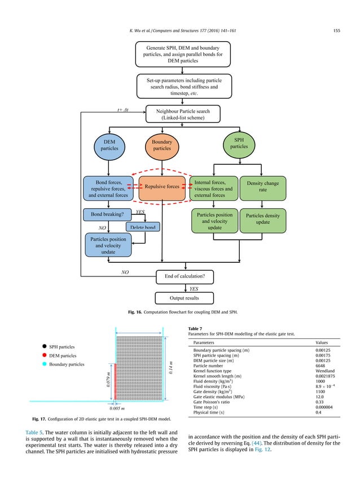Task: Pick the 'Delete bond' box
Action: [143, 227]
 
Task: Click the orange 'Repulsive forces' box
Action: [162, 186]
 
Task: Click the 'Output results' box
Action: [185, 297]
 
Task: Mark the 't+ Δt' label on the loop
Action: [122, 110]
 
